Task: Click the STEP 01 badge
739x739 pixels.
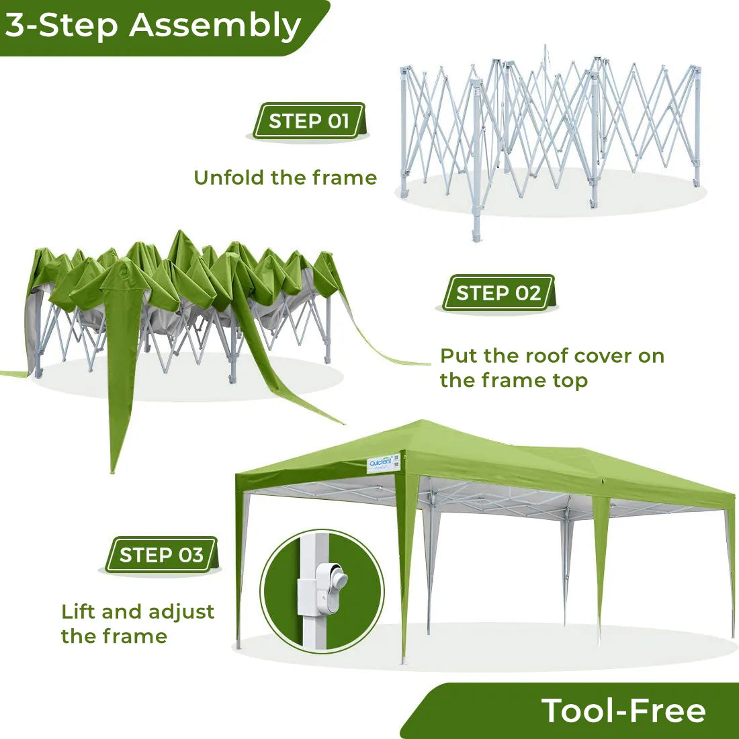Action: point(309,121)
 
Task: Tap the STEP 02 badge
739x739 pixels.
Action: point(498,293)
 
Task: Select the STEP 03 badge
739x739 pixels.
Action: point(161,555)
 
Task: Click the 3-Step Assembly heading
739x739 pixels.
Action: point(153,26)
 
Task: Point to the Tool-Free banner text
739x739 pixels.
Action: point(623,711)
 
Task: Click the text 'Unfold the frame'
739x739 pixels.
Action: point(285,177)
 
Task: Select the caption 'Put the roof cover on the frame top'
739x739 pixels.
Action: point(552,367)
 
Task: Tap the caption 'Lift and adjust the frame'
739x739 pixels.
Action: point(138,623)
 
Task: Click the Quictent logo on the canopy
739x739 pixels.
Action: point(380,463)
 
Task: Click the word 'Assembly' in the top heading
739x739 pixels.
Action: point(215,26)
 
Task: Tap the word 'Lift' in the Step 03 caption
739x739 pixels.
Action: point(79,611)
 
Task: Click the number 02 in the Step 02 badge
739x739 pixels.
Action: point(528,293)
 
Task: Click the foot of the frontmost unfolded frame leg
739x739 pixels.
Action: point(477,236)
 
